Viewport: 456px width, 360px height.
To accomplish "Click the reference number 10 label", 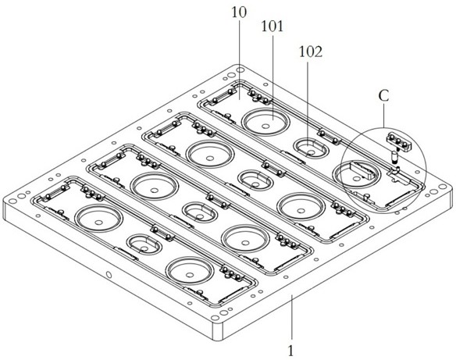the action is pos(239,12).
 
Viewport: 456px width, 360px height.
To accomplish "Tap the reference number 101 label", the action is pos(273,27).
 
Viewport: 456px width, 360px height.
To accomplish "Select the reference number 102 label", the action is pos(311,52).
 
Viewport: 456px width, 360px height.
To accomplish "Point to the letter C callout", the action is pos(384,96).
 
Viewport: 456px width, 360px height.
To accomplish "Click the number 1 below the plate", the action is pos(290,351).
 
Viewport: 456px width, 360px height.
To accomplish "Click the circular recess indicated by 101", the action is pos(265,121).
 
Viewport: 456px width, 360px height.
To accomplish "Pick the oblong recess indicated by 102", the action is pos(311,148).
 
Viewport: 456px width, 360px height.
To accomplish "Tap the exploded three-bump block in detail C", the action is pos(398,141).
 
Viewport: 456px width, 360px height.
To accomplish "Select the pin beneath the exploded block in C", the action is pos(394,158).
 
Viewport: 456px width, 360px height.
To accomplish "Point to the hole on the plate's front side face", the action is pos(109,274).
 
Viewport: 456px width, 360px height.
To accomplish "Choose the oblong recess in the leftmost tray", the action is pos(144,244).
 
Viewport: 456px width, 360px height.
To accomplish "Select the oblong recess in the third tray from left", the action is pos(255,180).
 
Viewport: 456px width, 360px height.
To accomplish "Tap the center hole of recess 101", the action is pos(265,127).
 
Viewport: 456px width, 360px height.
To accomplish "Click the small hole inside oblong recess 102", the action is pos(312,152).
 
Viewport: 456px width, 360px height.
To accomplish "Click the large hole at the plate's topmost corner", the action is pos(240,70).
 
